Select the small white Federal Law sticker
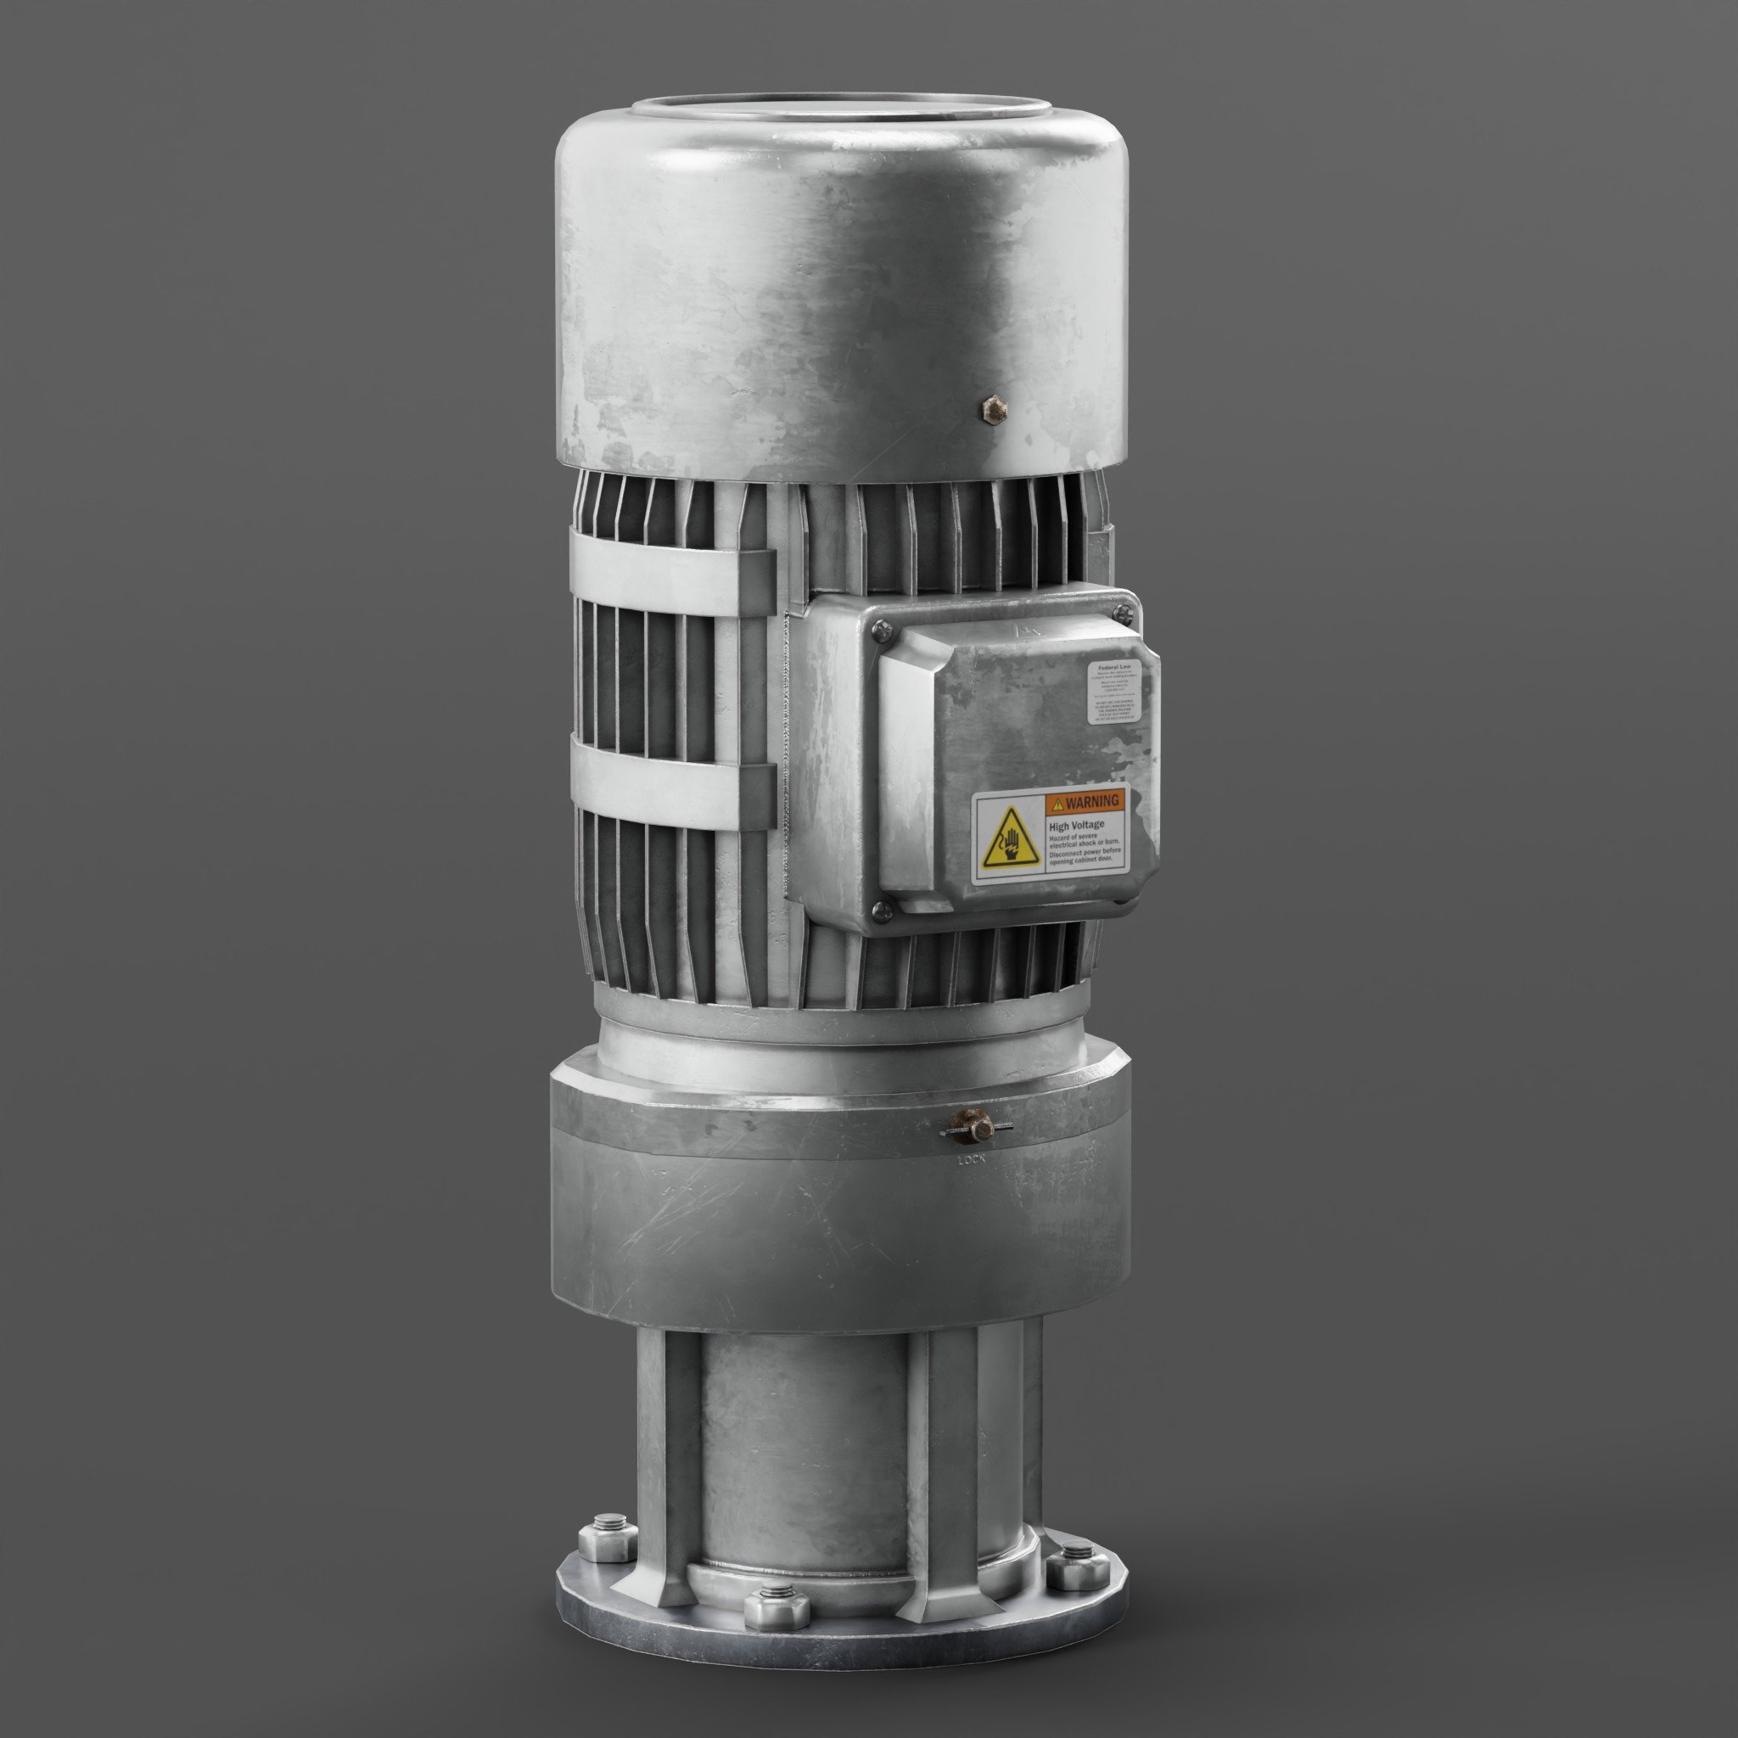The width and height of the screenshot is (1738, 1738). click(1114, 692)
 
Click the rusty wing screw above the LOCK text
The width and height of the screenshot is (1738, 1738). click(975, 1126)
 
